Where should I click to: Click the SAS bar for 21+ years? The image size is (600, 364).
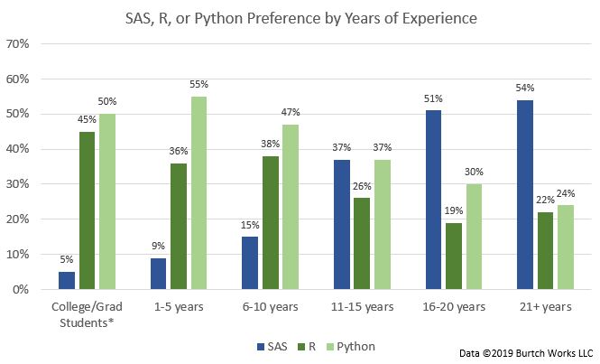point(525,194)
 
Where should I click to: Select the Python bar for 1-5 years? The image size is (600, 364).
point(199,192)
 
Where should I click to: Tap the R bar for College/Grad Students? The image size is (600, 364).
point(88,210)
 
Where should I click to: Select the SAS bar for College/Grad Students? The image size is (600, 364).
point(67,281)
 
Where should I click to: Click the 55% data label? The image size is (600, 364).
point(199,84)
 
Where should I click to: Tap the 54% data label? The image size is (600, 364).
point(525,88)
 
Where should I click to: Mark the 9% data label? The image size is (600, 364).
point(157,247)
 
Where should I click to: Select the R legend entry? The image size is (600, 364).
point(303,346)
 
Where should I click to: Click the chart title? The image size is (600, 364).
point(300,17)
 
